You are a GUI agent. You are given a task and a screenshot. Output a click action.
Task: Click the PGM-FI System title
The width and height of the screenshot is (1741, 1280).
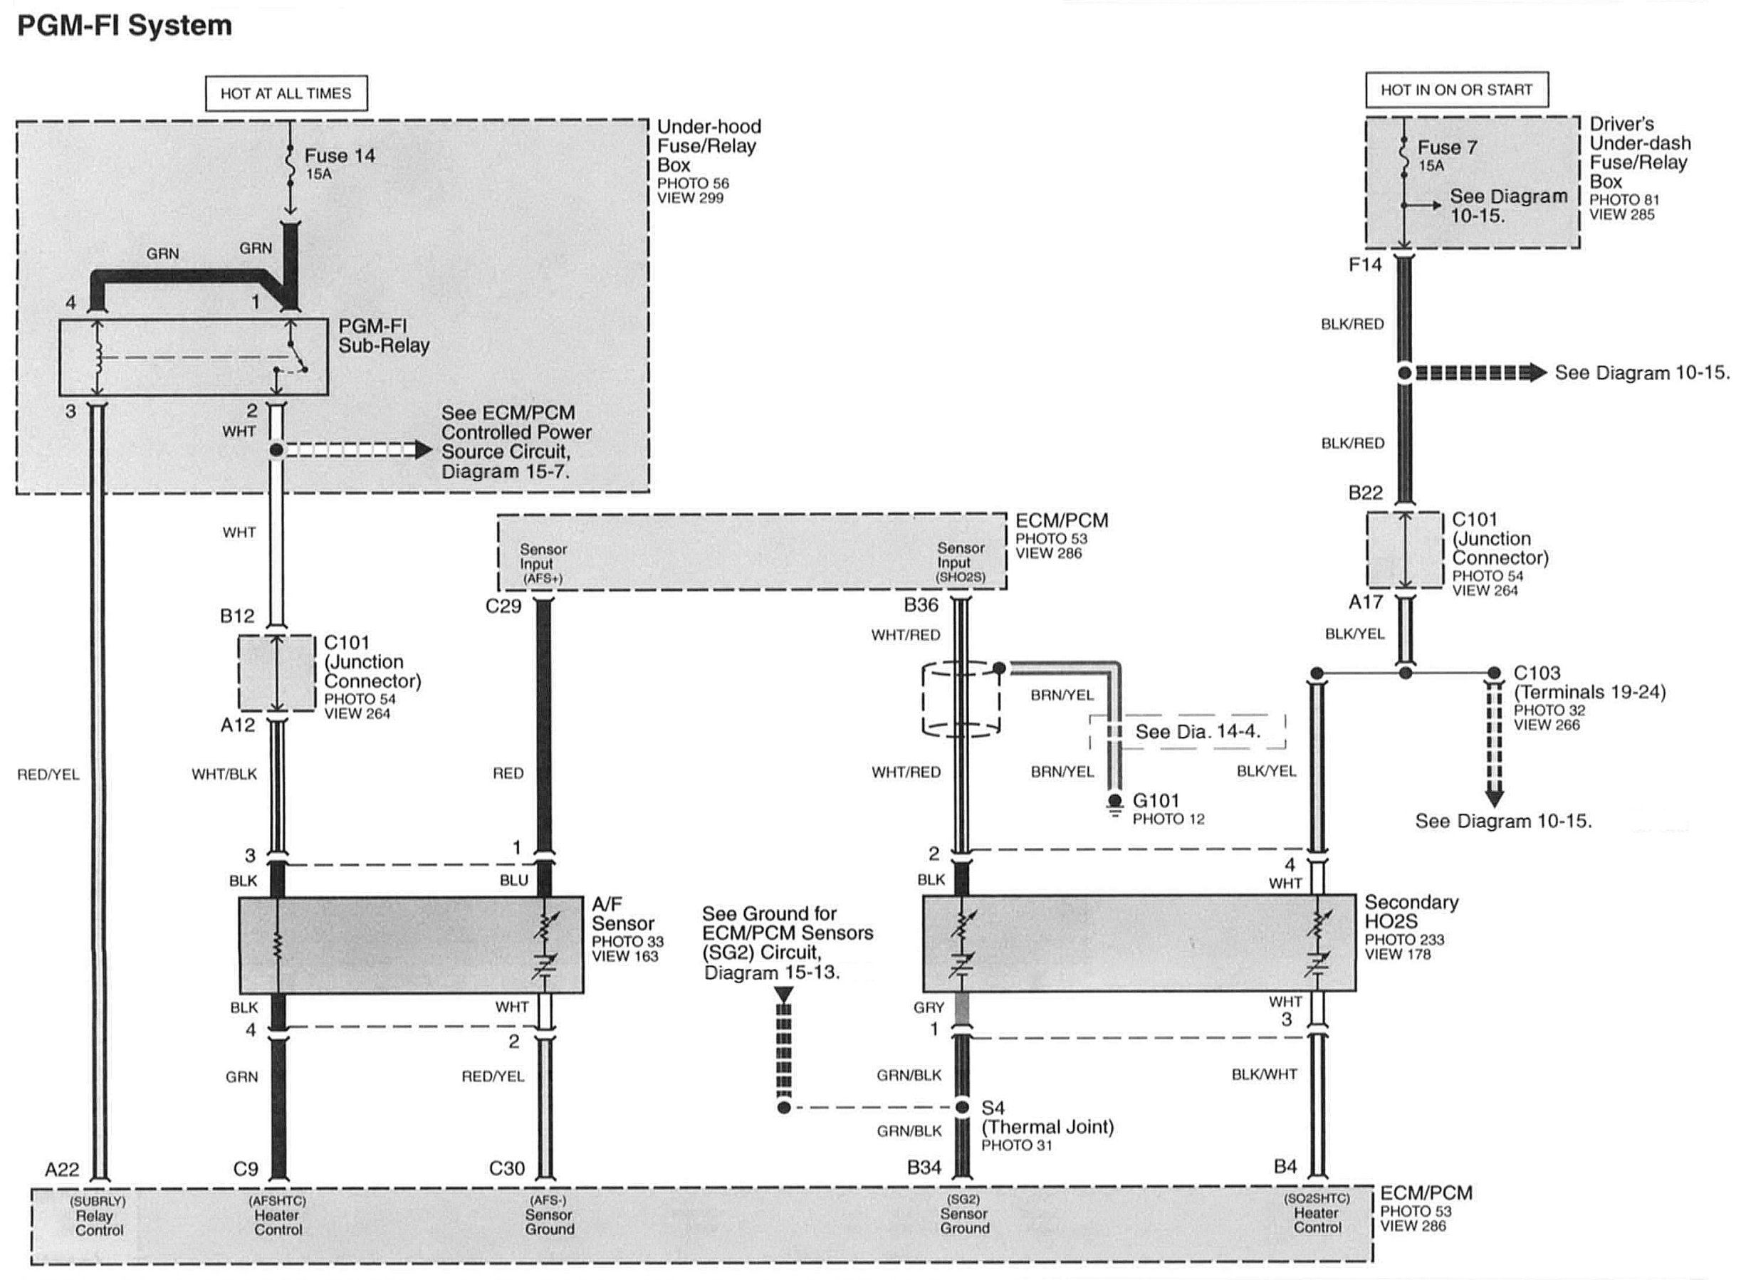pyautogui.click(x=124, y=26)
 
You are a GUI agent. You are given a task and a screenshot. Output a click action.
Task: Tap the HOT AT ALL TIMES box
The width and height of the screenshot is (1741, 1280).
pyautogui.click(x=286, y=94)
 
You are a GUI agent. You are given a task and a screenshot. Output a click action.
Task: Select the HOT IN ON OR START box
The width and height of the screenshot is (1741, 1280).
pyautogui.click(x=1456, y=90)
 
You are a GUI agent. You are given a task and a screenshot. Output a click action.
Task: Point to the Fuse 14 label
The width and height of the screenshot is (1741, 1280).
pyautogui.click(x=340, y=157)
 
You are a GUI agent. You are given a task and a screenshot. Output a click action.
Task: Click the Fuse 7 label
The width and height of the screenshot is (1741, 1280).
pyautogui.click(x=1447, y=147)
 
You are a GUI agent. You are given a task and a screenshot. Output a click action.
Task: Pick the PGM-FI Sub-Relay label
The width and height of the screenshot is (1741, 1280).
pyautogui.click(x=384, y=336)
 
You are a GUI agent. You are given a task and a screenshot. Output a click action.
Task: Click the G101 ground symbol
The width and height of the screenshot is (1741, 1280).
pyautogui.click(x=1114, y=804)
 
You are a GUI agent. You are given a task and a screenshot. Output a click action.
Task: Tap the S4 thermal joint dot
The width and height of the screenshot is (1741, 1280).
pyautogui.click(x=961, y=1108)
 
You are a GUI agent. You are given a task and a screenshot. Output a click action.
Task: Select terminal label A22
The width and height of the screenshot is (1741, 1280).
pyautogui.click(x=62, y=1169)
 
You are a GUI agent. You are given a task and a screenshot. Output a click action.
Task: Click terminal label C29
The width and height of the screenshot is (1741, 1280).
pyautogui.click(x=503, y=607)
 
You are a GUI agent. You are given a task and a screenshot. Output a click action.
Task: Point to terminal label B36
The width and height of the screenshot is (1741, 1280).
pyautogui.click(x=921, y=605)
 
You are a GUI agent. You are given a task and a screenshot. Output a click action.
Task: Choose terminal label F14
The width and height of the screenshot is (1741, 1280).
pyautogui.click(x=1364, y=265)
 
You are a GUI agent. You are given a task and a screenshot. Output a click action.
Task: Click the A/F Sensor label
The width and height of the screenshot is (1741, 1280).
pyautogui.click(x=622, y=914)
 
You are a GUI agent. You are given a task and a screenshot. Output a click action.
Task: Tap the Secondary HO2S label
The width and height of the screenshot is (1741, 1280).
pyautogui.click(x=1411, y=912)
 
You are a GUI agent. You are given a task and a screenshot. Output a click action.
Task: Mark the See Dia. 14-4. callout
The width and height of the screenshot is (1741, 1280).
pyautogui.click(x=1197, y=731)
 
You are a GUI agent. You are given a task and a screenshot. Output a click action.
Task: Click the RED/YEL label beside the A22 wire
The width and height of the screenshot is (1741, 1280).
pyautogui.click(x=48, y=775)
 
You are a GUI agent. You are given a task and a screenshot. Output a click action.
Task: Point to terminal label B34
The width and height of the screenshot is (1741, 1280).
pyautogui.click(x=924, y=1168)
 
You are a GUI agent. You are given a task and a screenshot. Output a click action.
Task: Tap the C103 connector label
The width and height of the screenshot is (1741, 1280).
pyautogui.click(x=1537, y=673)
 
